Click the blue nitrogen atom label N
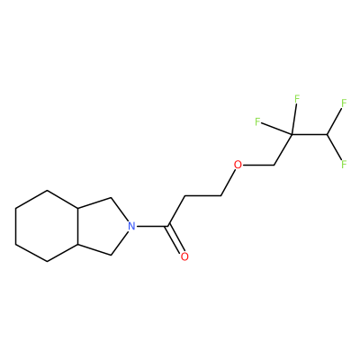coord(130,226)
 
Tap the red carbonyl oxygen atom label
coord(184,256)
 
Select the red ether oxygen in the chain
coord(238,165)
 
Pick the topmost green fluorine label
coord(297,98)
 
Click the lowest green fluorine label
coord(344,164)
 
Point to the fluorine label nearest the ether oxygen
coord(257,121)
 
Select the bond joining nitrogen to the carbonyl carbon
coord(152,226)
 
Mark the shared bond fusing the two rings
coord(79,226)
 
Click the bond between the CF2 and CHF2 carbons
coord(310,134)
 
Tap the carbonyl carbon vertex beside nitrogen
coord(169,226)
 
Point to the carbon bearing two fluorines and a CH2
coord(291,134)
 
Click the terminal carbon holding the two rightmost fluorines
coord(328,134)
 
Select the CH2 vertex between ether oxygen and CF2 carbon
coord(274,165)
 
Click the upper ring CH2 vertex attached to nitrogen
coord(112,197)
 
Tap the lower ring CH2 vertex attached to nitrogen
coord(112,255)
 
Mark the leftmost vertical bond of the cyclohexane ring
coord(15,226)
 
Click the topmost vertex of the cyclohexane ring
coord(48,190)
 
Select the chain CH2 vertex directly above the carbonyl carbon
coord(185,196)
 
